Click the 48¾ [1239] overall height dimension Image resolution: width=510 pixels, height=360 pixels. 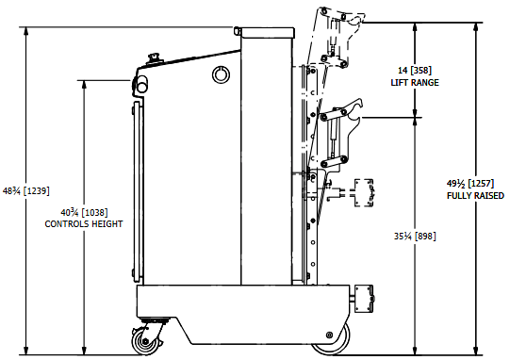[26, 190]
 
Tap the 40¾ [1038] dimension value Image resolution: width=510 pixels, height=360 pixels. [84, 213]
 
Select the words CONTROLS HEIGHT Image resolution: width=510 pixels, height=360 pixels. [84, 224]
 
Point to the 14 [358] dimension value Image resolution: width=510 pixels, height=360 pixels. [415, 71]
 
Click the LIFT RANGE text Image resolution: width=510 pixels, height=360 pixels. [415, 83]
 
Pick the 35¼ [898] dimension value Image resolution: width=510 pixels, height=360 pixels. [415, 237]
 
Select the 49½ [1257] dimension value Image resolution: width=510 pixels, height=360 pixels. [470, 184]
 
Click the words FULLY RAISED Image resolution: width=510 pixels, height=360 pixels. [475, 196]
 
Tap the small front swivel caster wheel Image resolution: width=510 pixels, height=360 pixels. [146, 341]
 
